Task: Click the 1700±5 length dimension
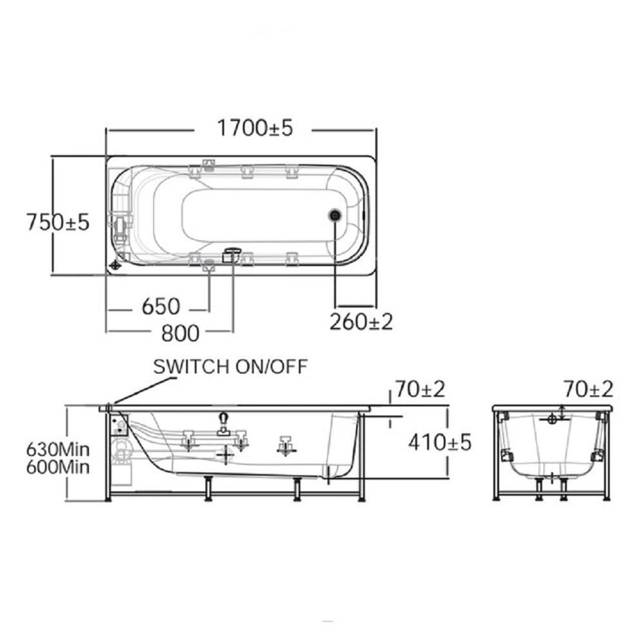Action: [x=254, y=128]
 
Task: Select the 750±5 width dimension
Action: [x=58, y=222]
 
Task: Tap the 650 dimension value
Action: [x=160, y=307]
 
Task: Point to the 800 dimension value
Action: [x=180, y=333]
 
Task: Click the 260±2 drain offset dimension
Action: [x=361, y=321]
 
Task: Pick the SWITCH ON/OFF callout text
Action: [x=231, y=366]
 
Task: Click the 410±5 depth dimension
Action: [x=440, y=442]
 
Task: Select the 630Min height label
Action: [x=58, y=450]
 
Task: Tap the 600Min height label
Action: [x=58, y=467]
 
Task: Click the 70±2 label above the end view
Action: [x=588, y=389]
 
